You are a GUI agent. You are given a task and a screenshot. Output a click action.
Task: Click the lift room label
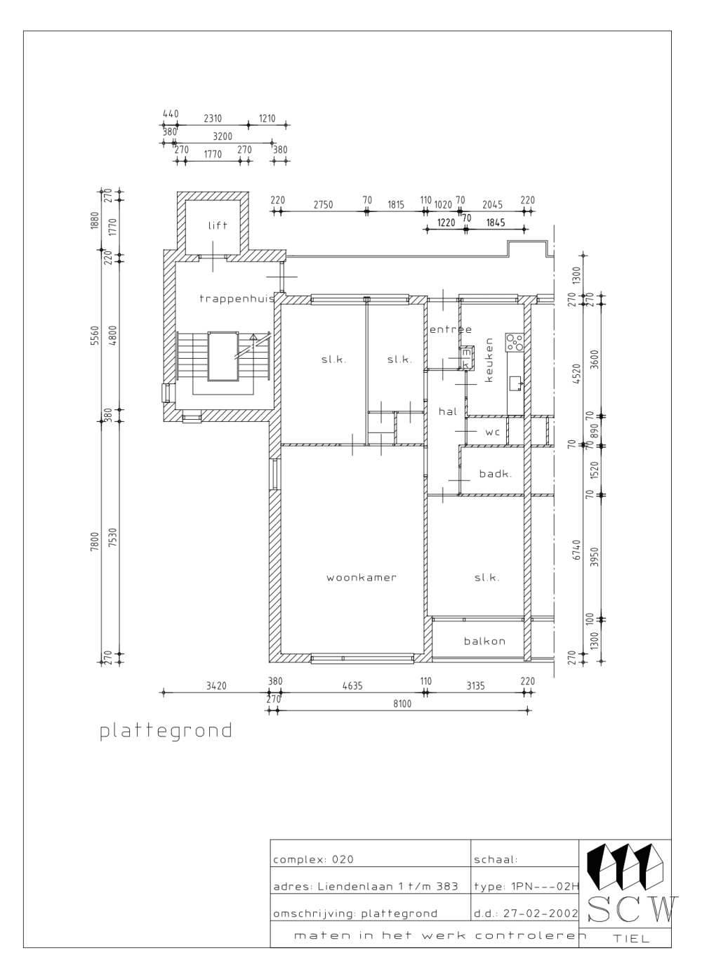click(218, 225)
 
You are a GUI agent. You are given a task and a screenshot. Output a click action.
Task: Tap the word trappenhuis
click(237, 298)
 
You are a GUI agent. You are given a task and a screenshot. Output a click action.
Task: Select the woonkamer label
click(362, 578)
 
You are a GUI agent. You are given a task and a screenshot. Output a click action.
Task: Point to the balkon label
click(484, 641)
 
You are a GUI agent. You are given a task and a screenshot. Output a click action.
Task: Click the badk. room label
click(495, 474)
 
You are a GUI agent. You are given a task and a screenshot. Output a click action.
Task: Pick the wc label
click(492, 432)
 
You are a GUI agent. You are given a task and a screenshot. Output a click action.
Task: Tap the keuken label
click(489, 360)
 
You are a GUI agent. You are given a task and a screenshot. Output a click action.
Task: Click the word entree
click(451, 329)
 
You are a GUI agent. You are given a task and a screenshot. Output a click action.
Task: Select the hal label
click(448, 411)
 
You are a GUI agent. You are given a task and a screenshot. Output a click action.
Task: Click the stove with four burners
click(515, 343)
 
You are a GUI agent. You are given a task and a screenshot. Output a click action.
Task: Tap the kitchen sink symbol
click(515, 383)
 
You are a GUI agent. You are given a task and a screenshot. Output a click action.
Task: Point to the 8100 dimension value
click(402, 703)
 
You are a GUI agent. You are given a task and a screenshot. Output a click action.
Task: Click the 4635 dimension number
click(352, 686)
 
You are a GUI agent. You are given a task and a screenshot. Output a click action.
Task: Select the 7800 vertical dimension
click(95, 541)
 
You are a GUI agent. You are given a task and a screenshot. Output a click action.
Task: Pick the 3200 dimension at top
click(223, 137)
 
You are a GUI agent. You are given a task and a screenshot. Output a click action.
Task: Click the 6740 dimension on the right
click(576, 550)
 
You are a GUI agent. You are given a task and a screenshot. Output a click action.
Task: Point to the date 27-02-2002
click(541, 913)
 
